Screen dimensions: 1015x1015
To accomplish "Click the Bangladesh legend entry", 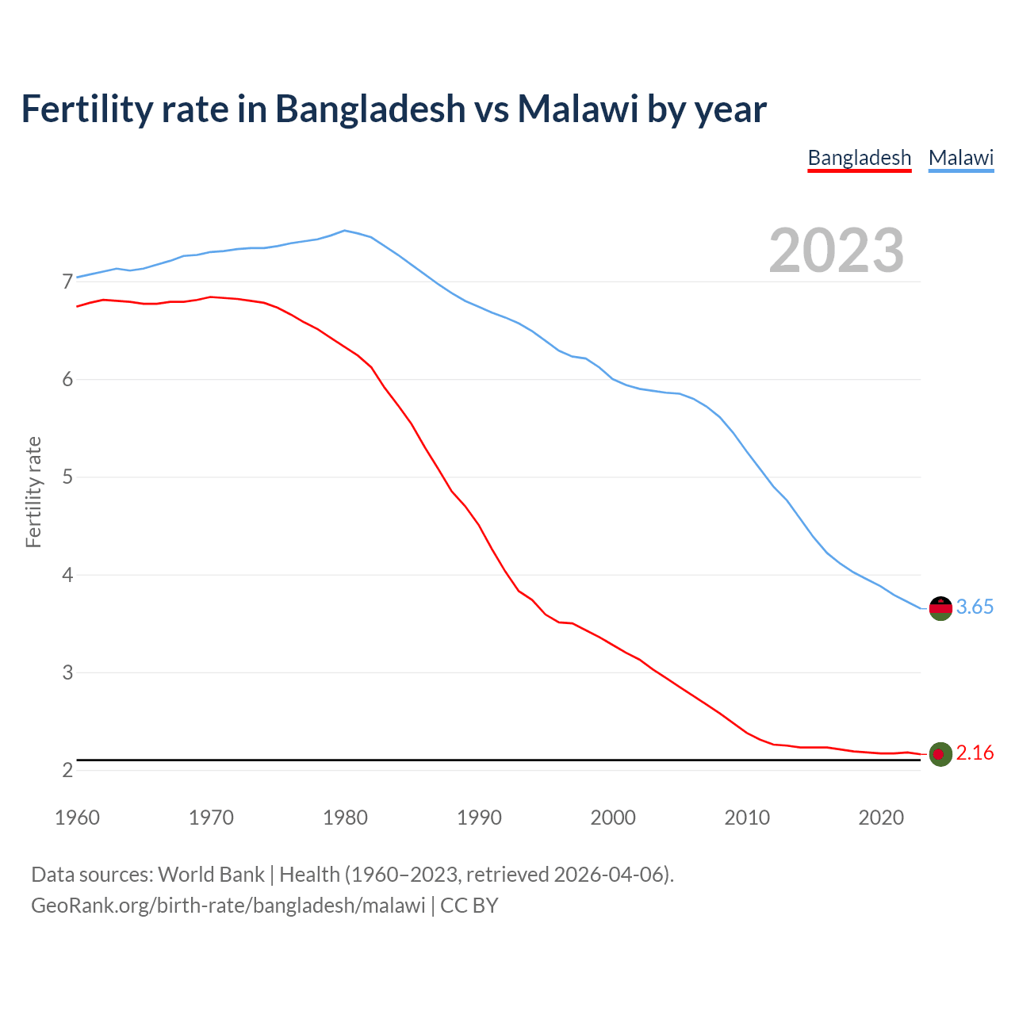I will coord(860,158).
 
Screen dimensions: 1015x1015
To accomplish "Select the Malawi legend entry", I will coord(961,158).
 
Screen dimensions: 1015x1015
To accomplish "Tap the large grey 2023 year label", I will coord(837,251).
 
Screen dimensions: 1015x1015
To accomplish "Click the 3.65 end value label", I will coord(975,607).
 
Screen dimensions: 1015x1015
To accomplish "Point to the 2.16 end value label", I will coord(975,753).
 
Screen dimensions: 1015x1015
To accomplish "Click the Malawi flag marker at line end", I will coord(940,608).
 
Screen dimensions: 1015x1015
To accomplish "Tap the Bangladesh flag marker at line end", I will coord(940,754).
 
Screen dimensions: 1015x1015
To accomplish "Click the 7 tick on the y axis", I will coord(67,282).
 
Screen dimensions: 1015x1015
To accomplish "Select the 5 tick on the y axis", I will coord(67,477).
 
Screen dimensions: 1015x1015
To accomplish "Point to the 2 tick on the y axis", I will coord(67,771).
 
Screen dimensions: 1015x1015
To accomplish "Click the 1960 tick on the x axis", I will coord(77,818).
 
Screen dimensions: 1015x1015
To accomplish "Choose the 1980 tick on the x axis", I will coord(345,818).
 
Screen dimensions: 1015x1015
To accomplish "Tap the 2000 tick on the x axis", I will coord(613,818).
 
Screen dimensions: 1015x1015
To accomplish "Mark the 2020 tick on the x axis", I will coord(881,818).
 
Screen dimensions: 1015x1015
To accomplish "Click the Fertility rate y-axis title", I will coord(33,492).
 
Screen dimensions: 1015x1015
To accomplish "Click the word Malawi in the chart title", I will coord(578,109).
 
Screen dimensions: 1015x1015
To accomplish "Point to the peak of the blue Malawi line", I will coord(344,231).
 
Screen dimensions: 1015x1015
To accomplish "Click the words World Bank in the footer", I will coord(211,875).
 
